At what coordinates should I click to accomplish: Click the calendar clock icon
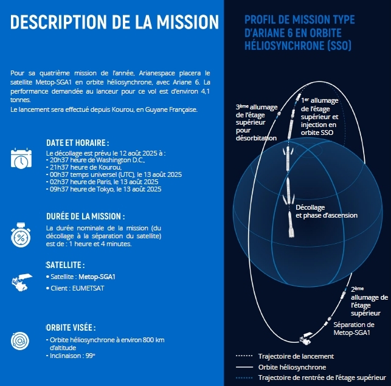tap(21, 158)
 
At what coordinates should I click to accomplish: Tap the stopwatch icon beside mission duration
tap(21, 235)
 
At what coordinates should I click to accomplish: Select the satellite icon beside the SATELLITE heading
tap(22, 282)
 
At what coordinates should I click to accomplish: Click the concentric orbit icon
tap(20, 341)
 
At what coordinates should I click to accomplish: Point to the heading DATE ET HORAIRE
tap(78, 143)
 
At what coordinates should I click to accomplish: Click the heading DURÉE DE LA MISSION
tap(86, 216)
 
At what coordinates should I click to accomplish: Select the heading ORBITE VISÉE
tap(71, 328)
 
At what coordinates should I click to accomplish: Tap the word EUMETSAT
tap(88, 288)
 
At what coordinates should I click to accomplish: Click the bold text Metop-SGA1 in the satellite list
tap(97, 277)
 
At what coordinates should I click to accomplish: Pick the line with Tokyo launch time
tap(104, 189)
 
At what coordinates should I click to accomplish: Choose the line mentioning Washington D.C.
tap(95, 160)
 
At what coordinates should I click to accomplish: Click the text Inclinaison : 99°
tap(71, 356)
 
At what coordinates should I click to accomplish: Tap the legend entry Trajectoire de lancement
tap(296, 356)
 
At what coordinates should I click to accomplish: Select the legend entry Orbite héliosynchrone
tap(292, 367)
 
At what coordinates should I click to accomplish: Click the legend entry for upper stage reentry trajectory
tap(322, 377)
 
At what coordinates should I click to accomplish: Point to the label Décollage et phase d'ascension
tap(327, 212)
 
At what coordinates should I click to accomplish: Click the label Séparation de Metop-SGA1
tap(354, 329)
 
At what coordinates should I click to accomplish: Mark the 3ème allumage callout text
tap(257, 122)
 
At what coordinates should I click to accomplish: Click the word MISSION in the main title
tap(188, 22)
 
